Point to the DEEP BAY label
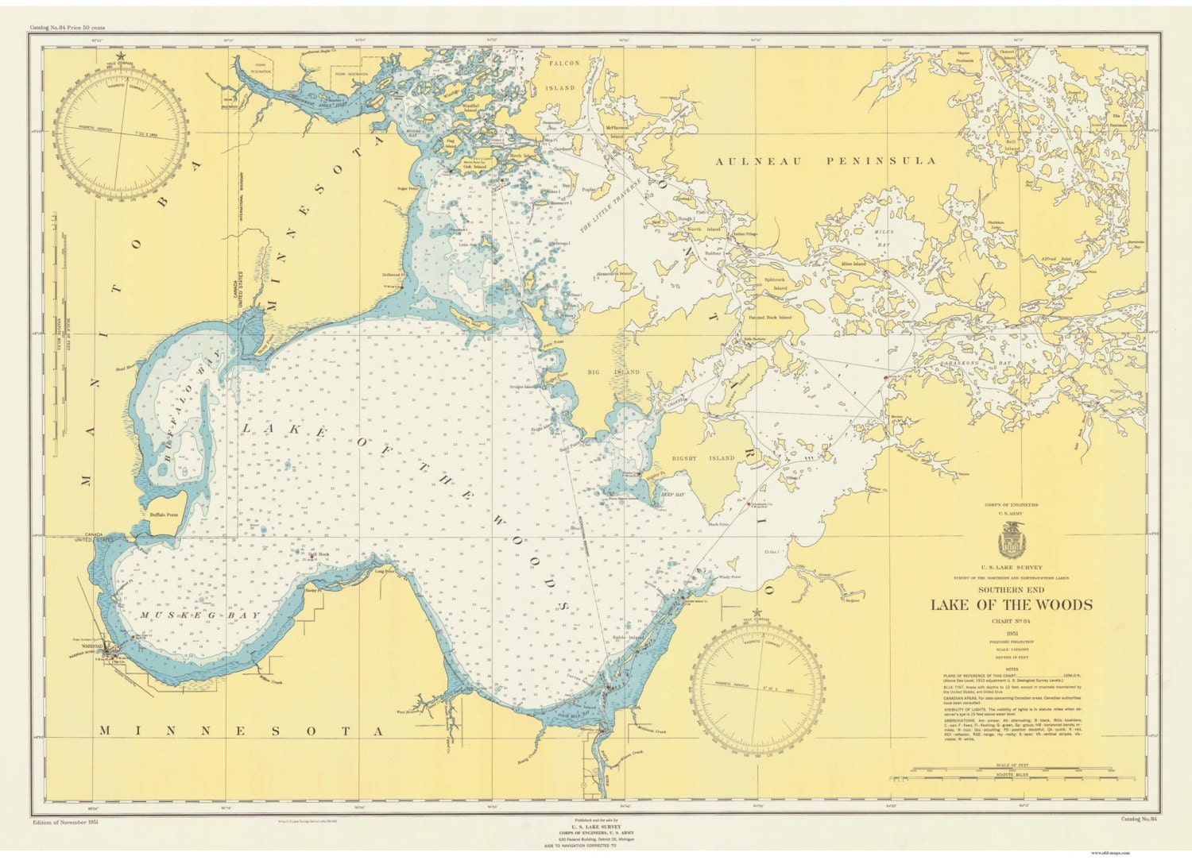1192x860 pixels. click(x=672, y=494)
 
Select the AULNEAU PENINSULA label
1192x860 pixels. click(x=838, y=161)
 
